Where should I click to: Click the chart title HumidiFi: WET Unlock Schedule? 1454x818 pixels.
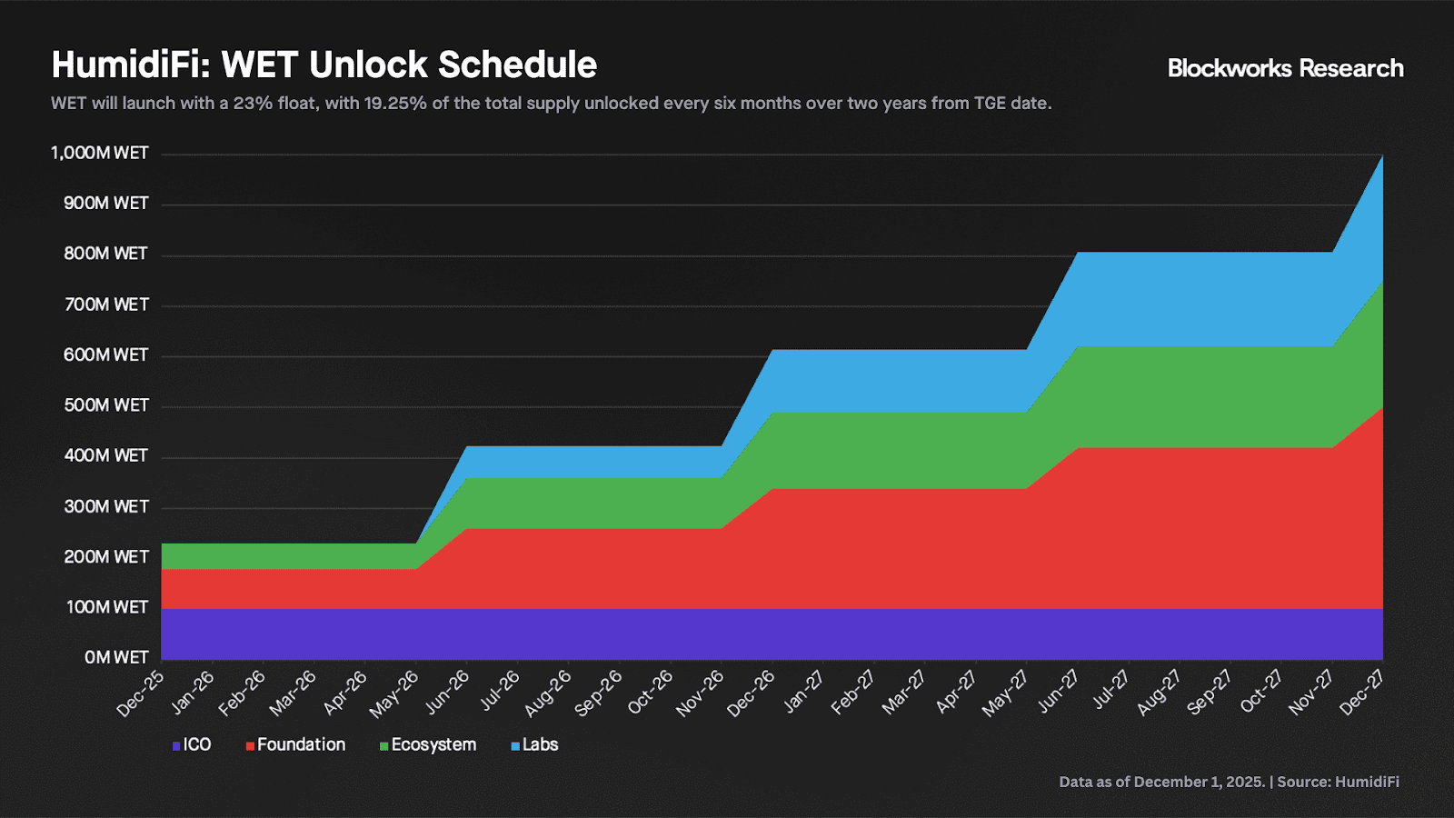tap(324, 65)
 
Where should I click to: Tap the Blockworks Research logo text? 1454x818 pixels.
tap(1285, 68)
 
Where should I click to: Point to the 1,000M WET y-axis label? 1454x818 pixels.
tap(100, 153)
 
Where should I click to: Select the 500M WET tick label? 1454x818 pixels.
tap(105, 405)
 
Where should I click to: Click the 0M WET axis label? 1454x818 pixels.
tap(116, 657)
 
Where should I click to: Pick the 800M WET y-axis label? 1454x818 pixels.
tap(105, 254)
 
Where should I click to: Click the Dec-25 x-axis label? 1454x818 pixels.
tap(142, 693)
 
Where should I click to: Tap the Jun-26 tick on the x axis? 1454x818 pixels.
tap(448, 693)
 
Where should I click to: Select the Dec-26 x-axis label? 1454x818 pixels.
tap(752, 693)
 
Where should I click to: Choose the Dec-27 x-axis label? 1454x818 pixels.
tap(1362, 693)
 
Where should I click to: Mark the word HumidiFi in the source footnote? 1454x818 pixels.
tap(1367, 782)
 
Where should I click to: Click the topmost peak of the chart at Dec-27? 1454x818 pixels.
tap(1382, 156)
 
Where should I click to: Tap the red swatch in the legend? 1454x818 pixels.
tap(250, 746)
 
